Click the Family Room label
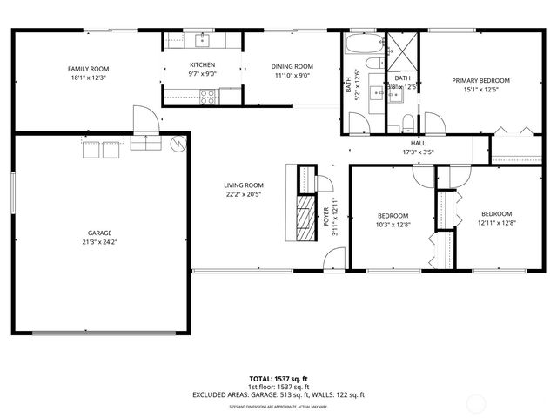coord(88,68)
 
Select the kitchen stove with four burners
coord(209,98)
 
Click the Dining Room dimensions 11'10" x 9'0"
coord(292,76)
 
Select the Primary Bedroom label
coord(480,80)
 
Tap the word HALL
coord(418,143)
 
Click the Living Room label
coord(243,185)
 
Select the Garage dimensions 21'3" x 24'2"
coord(99,243)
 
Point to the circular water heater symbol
coord(178,144)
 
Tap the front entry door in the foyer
coord(332,260)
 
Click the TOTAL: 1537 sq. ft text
coord(278,378)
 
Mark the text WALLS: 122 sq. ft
coord(338,394)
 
